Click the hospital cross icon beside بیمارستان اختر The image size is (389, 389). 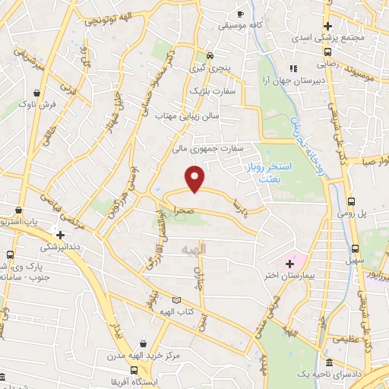pos(289,264)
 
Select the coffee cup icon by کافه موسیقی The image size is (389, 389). pos(240,14)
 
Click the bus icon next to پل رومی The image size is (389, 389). pos(351,202)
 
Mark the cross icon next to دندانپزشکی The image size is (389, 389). pos(59,236)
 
